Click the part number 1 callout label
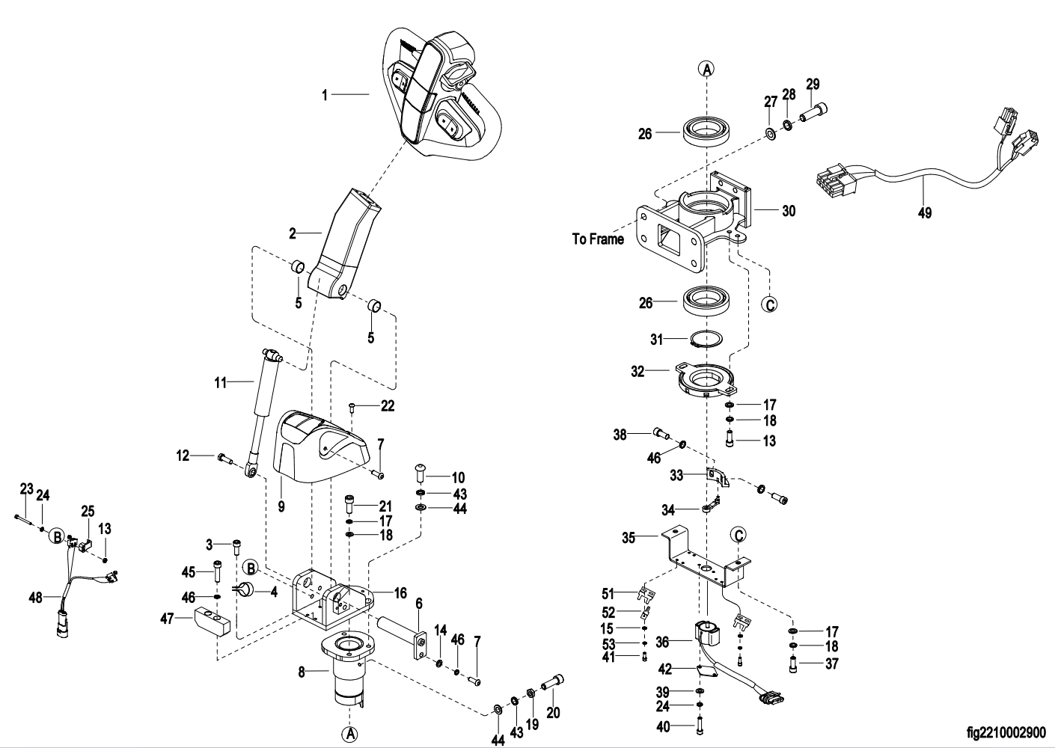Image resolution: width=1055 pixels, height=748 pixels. [x=325, y=95]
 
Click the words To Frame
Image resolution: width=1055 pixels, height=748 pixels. [x=598, y=239]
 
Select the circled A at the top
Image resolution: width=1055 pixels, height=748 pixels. [x=707, y=69]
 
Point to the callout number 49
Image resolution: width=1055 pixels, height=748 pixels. [x=925, y=213]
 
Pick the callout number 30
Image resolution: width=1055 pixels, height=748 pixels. [x=789, y=211]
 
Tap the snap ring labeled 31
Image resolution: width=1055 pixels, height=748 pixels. [x=706, y=340]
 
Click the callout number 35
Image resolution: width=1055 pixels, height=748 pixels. [x=629, y=537]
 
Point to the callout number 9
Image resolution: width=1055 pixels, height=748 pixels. [x=281, y=506]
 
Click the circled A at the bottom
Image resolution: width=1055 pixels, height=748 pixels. [x=349, y=734]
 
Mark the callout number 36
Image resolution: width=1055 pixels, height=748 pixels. [x=662, y=640]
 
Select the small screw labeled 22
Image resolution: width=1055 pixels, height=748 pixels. [x=352, y=407]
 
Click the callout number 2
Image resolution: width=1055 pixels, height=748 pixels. [x=293, y=233]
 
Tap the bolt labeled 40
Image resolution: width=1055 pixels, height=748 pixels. [x=699, y=725]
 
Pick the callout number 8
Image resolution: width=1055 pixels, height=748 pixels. [x=302, y=672]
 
